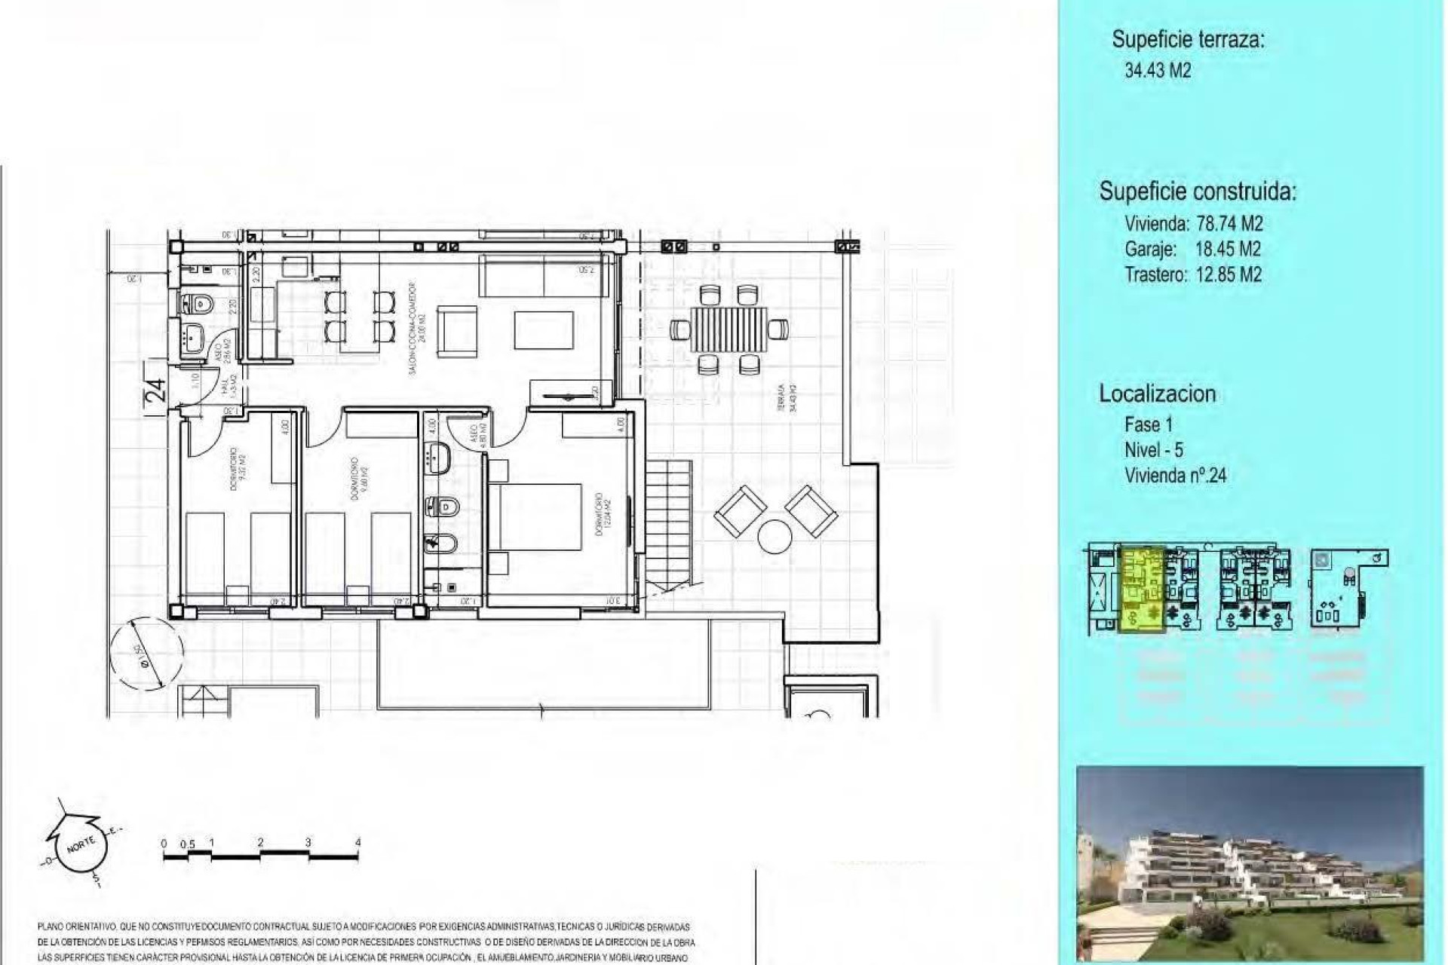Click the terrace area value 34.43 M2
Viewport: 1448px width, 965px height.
[x=1158, y=71]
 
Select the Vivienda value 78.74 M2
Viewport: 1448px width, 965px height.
[x=1229, y=224]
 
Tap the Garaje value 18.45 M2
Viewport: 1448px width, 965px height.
[x=1228, y=250]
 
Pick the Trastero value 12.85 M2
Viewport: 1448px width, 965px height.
[x=1229, y=275]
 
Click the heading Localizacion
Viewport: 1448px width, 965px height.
[x=1157, y=394]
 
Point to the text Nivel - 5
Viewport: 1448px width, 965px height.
[x=1153, y=450]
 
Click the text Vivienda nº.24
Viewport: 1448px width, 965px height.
[x=1175, y=476]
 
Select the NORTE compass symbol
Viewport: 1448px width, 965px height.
[x=78, y=845]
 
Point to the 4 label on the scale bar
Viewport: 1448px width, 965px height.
[x=358, y=843]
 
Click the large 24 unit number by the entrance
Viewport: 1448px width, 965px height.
[x=155, y=391]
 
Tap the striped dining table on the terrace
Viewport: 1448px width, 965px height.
[x=729, y=329]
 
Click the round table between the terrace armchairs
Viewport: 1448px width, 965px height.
[x=775, y=537]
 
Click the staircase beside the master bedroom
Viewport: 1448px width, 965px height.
[x=668, y=525]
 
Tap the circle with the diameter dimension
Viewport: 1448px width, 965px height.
[x=146, y=653]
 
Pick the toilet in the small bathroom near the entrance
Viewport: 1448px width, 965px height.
[x=198, y=305]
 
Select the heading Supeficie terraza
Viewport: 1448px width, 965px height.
[x=1188, y=40]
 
